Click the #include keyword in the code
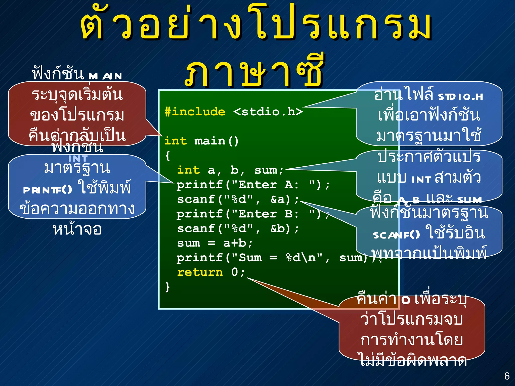195,112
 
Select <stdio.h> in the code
268,112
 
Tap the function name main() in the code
216,141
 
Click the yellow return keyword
200,272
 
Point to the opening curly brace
168,156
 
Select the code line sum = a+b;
215,243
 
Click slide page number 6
507,376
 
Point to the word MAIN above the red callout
105,76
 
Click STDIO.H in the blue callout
460,97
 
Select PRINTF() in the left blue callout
48,190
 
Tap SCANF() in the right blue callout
396,235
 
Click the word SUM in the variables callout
469,200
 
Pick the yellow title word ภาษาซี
254,73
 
